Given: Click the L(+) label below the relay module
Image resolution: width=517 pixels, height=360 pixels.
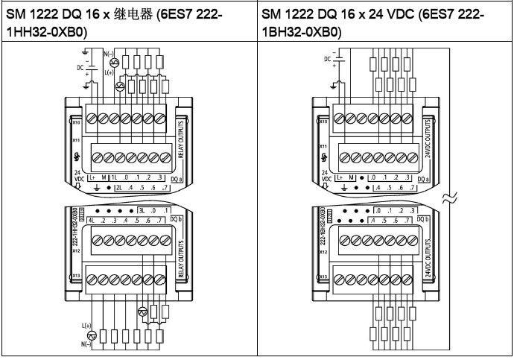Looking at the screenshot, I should point(86,326).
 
